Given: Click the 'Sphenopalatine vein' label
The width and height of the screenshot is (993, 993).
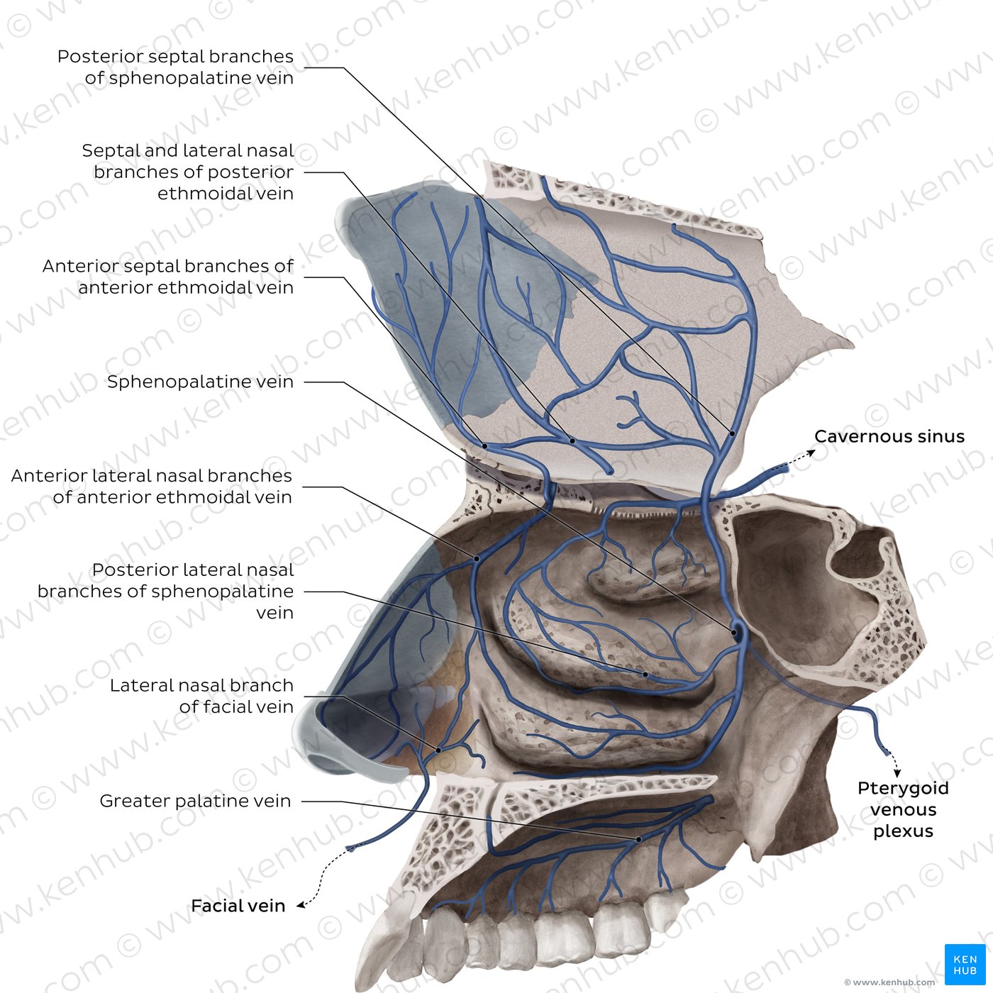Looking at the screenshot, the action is click(200, 382).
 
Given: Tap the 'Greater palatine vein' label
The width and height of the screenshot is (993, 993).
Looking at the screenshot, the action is click(195, 800).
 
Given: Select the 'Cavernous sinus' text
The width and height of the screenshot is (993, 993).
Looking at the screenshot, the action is click(889, 436).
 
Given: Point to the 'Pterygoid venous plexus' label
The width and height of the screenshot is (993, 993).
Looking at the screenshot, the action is click(903, 809).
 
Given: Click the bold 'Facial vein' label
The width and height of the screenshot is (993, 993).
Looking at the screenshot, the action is click(238, 905).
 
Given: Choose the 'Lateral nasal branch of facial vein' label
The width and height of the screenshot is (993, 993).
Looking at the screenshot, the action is click(201, 696).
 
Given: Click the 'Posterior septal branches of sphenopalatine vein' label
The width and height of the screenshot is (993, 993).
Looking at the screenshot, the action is click(175, 67).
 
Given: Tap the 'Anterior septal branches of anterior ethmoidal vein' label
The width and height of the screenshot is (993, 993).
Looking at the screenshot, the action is click(168, 277).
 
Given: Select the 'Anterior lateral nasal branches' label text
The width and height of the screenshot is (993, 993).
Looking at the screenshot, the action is click(152, 476).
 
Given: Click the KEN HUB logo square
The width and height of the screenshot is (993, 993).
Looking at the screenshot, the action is click(965, 964).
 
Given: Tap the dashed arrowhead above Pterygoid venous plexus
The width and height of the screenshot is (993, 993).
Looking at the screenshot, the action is click(897, 774).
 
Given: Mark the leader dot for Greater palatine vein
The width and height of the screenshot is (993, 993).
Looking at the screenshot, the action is click(638, 839).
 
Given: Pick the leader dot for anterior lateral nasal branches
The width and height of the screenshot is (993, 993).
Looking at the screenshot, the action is click(477, 559).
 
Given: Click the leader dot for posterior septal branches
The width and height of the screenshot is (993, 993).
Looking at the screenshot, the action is click(732, 434).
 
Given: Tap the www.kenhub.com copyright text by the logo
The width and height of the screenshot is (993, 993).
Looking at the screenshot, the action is click(889, 982).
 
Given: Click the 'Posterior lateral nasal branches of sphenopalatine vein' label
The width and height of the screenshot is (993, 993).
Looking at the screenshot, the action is click(165, 591).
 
